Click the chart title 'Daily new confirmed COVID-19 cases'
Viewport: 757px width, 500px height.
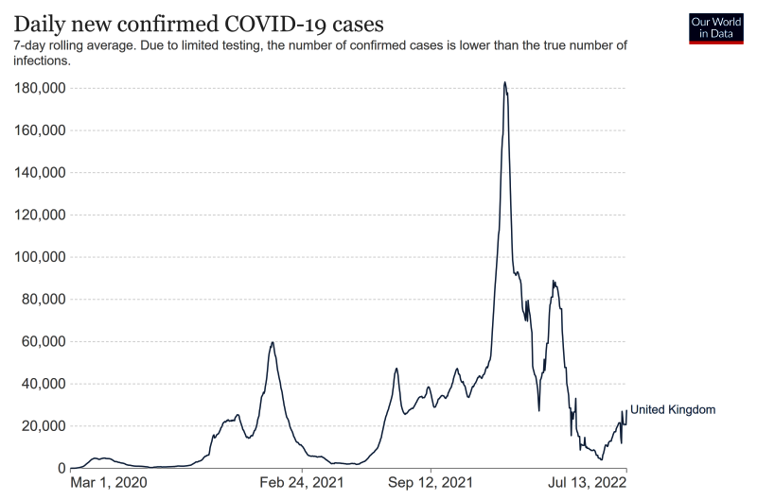[199, 22]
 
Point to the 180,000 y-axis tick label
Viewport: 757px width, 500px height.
[39, 88]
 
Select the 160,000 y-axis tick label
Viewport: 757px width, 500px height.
[39, 130]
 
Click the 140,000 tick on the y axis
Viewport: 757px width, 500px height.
[39, 173]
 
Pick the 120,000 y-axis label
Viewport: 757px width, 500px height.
[39, 215]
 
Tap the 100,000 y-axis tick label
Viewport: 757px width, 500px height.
[39, 257]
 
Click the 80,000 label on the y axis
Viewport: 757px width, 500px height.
[43, 300]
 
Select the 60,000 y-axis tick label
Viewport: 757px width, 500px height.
[43, 341]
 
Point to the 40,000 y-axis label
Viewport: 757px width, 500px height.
[43, 384]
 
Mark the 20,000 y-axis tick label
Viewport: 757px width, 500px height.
[43, 426]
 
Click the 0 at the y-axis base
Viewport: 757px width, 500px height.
[61, 469]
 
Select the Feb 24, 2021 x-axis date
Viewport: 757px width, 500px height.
[303, 483]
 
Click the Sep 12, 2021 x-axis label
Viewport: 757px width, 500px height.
[431, 483]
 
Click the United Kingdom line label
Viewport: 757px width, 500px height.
[673, 410]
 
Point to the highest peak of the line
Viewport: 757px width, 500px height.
[505, 82]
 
